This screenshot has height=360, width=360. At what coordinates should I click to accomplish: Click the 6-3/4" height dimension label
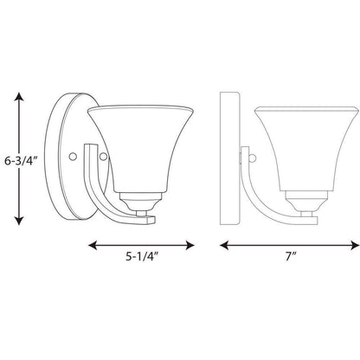pyautogui.click(x=22, y=160)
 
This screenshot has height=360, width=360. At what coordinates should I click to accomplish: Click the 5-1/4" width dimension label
pyautogui.click(x=143, y=256)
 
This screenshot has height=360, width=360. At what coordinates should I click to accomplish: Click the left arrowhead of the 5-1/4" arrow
pyautogui.click(x=93, y=246)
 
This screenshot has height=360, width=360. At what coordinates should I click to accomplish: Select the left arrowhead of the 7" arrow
pyautogui.click(x=224, y=246)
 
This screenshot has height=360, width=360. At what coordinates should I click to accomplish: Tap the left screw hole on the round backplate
pyautogui.click(x=73, y=156)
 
